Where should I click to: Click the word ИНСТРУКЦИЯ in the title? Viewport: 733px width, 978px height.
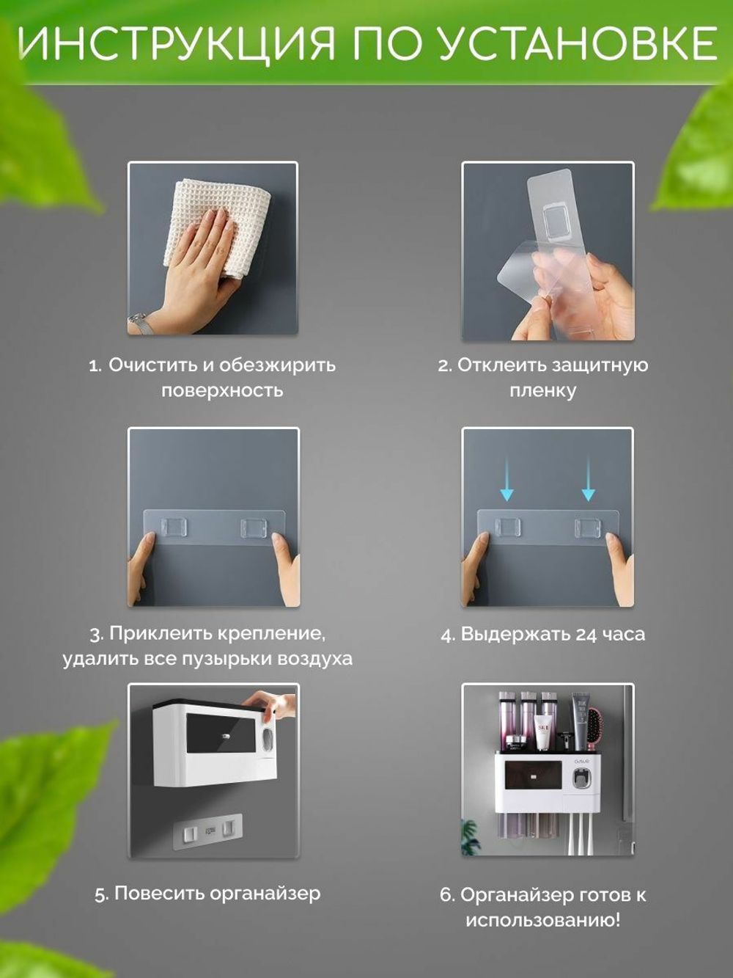[x=177, y=44]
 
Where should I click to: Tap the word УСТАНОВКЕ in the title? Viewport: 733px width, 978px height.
[x=578, y=43]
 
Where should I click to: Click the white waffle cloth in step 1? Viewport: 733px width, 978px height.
[x=217, y=227]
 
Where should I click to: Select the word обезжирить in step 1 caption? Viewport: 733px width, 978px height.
[x=278, y=365]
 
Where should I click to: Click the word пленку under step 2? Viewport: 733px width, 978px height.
[x=542, y=390]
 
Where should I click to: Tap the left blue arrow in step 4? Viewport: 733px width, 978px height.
[x=507, y=480]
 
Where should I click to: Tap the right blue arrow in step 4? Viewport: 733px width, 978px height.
[x=589, y=480]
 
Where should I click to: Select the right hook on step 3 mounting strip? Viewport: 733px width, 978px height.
[x=254, y=528]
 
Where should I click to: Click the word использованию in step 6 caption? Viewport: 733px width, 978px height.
[x=542, y=919]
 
